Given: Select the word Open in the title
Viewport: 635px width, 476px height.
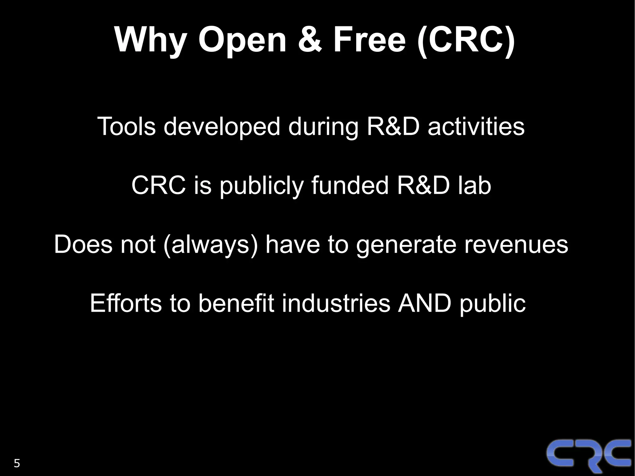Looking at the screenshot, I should point(242,40).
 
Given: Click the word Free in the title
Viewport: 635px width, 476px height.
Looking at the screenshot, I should point(369,40).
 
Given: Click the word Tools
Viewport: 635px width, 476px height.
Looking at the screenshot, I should point(126,127).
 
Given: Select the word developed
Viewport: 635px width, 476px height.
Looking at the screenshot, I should point(222,127).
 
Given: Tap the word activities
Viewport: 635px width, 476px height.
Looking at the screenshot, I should point(476,127).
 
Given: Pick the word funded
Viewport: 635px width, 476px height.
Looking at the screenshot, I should point(350,185).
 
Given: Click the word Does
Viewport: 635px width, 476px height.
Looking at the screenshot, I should point(83,244).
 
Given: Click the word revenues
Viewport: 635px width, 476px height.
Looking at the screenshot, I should point(516,244).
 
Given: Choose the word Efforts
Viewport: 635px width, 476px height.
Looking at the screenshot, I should point(126,303).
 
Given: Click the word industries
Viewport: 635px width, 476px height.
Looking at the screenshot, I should point(336,303).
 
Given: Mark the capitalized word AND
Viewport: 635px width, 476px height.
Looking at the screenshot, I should point(424,303).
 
